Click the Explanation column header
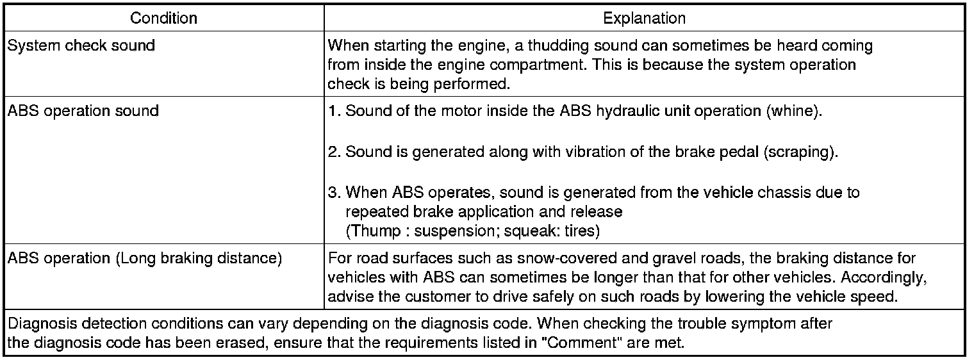tap(644, 18)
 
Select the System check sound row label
tap(81, 46)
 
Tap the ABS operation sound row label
tap(83, 111)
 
